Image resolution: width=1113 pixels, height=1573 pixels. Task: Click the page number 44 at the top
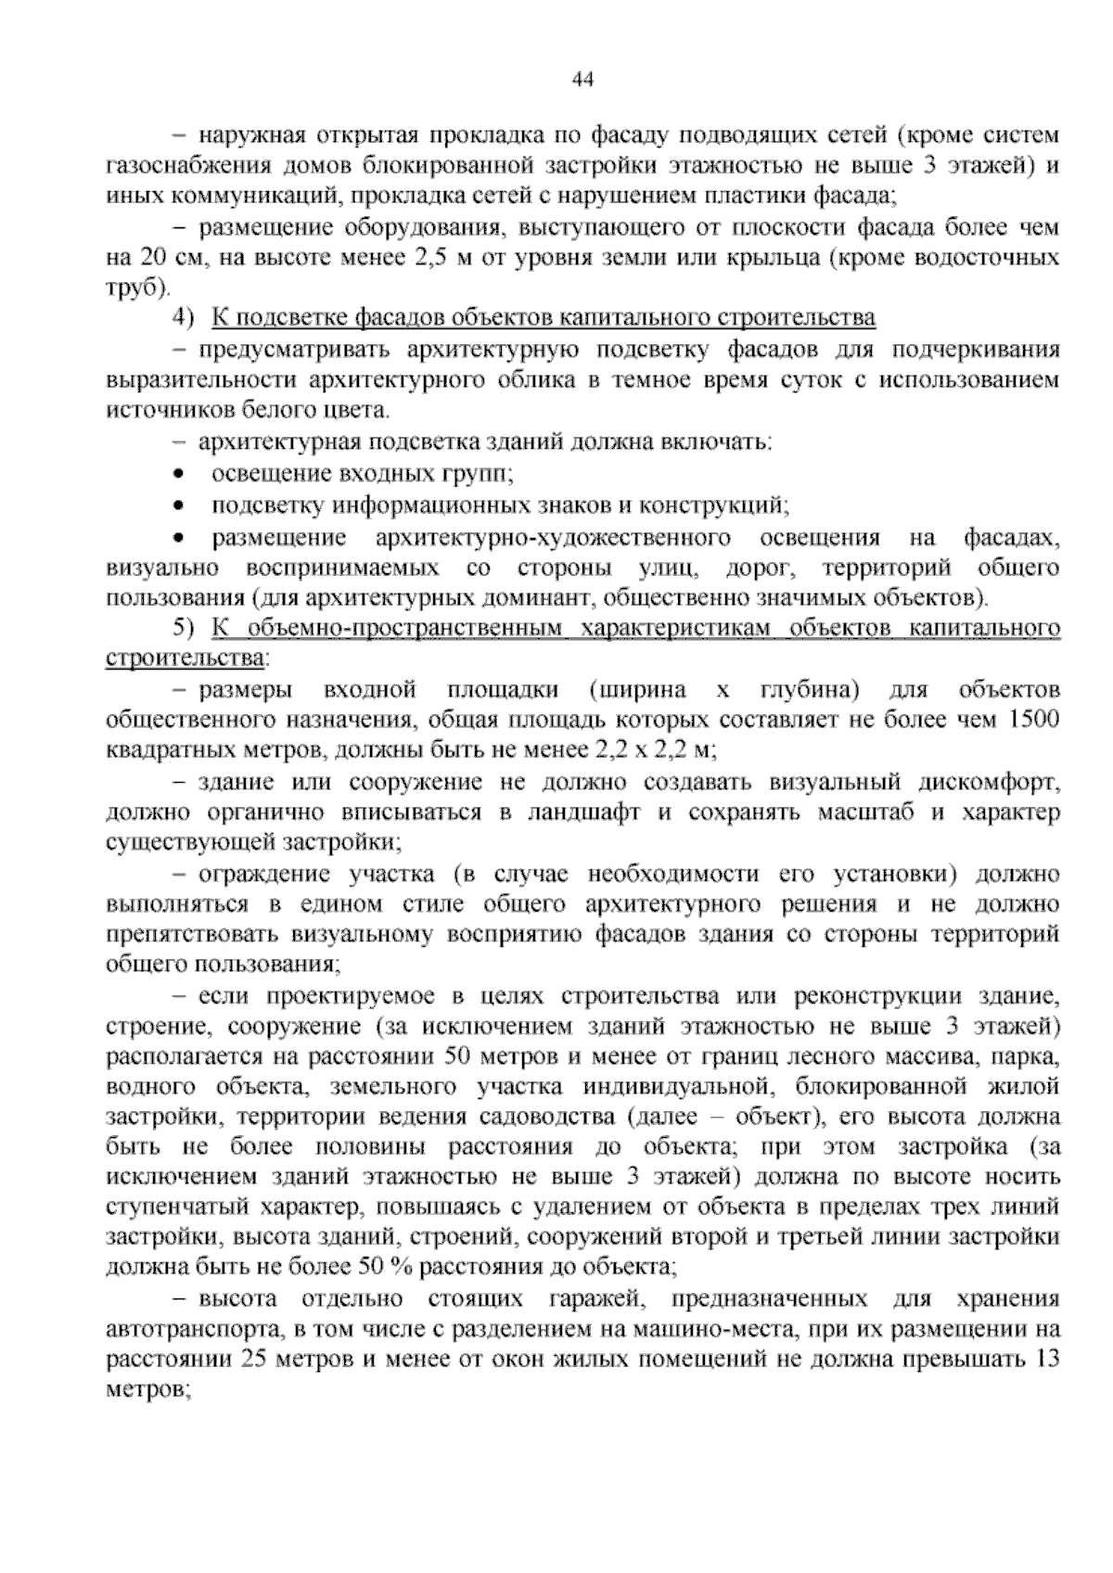click(x=582, y=80)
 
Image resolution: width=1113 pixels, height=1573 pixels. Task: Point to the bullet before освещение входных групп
click(x=179, y=474)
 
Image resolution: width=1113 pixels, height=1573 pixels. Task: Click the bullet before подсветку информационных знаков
click(x=179, y=505)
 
